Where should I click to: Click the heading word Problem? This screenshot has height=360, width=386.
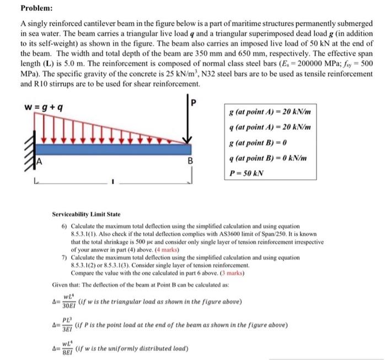[x=37, y=9]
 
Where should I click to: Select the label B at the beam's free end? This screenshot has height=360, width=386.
[x=190, y=162]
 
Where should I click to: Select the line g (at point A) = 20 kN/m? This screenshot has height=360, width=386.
[x=269, y=112]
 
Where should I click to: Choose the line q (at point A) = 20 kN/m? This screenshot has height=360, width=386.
[x=269, y=127]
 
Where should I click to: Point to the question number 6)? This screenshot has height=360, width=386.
[x=64, y=227]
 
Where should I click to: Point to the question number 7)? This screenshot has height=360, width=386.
[x=64, y=257]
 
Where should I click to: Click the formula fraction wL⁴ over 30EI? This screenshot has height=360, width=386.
[x=69, y=300]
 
